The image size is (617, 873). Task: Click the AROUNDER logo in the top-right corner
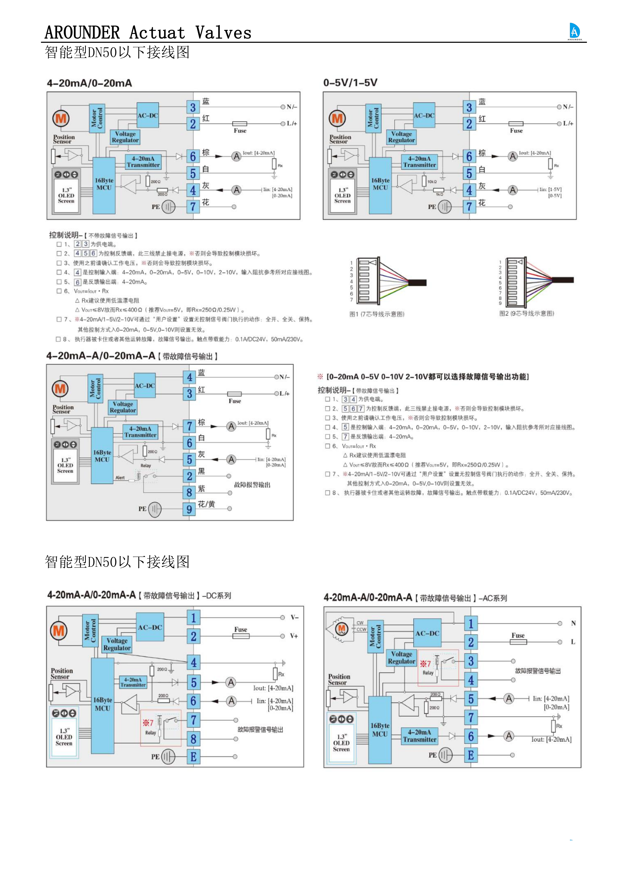pos(574,31)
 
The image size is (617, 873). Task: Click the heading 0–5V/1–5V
pos(350,83)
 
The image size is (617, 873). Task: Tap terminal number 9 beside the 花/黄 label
pos(189,509)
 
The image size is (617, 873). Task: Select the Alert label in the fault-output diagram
pos(120,478)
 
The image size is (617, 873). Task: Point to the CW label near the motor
pos(360,623)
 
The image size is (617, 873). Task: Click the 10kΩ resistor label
pos(432,182)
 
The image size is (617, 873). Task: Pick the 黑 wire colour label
pos(201,471)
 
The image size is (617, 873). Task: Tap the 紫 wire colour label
pos(201,488)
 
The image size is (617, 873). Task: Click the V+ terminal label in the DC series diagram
pos(294,636)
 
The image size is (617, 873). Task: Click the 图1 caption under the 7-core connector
pos(377,314)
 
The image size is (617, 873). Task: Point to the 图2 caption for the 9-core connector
pos(526,313)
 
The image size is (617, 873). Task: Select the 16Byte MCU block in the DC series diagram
pos(102,704)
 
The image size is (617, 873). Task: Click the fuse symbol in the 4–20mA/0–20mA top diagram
pos(240,124)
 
